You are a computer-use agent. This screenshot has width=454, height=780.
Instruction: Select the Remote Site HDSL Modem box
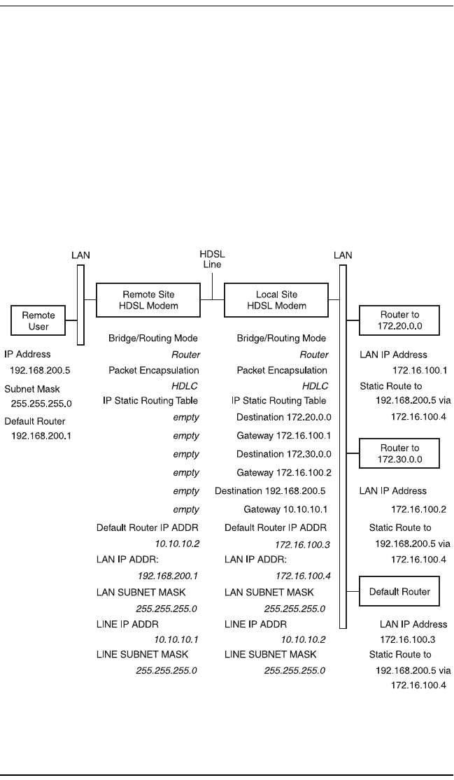[x=148, y=299]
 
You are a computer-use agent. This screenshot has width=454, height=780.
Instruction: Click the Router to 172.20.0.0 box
[x=398, y=320]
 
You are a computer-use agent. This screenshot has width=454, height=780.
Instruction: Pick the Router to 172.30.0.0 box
[x=398, y=453]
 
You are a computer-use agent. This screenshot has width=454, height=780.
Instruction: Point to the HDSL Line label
[x=212, y=259]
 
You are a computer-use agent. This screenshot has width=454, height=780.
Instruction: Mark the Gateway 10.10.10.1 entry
[x=286, y=510]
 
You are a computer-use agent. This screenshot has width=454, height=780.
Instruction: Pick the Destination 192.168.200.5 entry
[x=271, y=491]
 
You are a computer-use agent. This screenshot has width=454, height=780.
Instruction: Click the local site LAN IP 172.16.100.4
[x=302, y=576]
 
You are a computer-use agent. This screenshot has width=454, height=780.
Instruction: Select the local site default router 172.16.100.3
[x=302, y=542]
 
